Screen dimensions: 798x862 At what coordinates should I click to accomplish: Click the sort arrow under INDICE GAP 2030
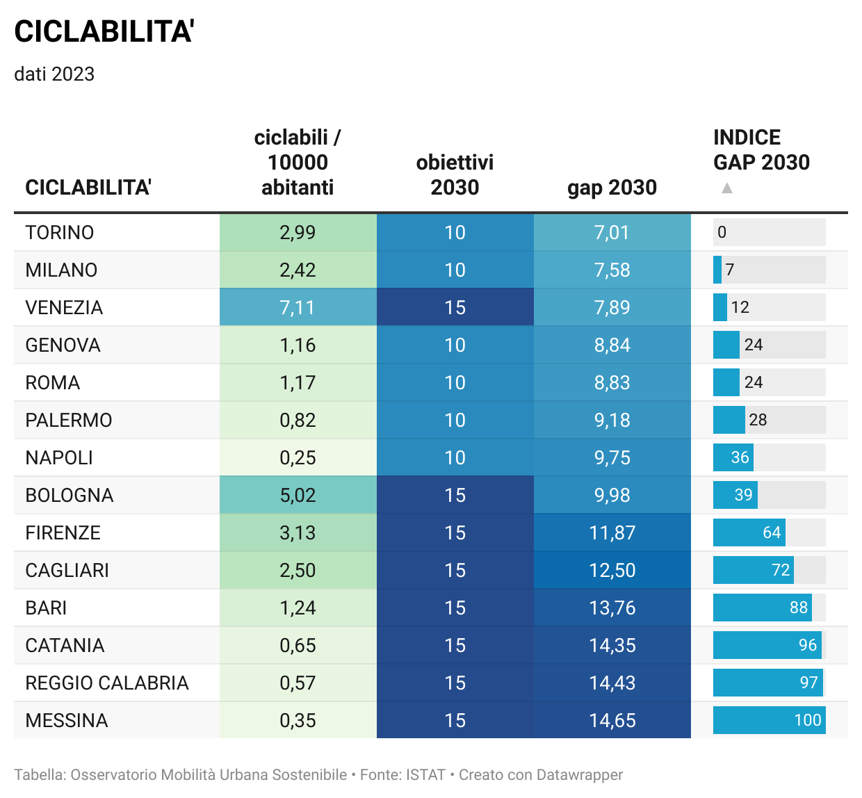pos(727,188)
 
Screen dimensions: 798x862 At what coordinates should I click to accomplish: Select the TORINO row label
pos(60,232)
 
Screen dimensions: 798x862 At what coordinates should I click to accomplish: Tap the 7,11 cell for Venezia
pos(298,307)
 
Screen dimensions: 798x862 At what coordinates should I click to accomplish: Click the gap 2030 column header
pos(612,187)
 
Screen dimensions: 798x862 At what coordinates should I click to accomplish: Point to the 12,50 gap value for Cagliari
pos(612,570)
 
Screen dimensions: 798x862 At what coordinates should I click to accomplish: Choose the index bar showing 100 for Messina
pos(769,720)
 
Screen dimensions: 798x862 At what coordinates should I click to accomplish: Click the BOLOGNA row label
pos(70,495)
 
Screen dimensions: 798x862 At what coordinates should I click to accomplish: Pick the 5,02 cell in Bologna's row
pos(298,495)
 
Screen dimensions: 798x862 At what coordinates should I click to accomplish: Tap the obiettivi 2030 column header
pos(455,174)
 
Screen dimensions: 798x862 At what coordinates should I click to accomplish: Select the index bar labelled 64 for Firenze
pos(749,532)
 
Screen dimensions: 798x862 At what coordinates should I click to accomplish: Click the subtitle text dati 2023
pos(54,74)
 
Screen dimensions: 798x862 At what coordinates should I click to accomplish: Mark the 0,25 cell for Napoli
pos(298,457)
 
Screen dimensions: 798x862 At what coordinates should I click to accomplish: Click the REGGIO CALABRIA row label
pos(107,683)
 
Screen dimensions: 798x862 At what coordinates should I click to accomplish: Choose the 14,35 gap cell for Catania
pos(612,645)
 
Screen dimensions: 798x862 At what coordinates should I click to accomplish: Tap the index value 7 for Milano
pos(729,270)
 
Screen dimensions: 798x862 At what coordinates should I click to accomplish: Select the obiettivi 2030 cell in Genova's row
pos(455,345)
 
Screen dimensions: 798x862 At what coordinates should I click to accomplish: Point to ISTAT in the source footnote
pos(425,774)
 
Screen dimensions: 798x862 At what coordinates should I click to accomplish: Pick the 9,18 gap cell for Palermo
pos(612,420)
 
